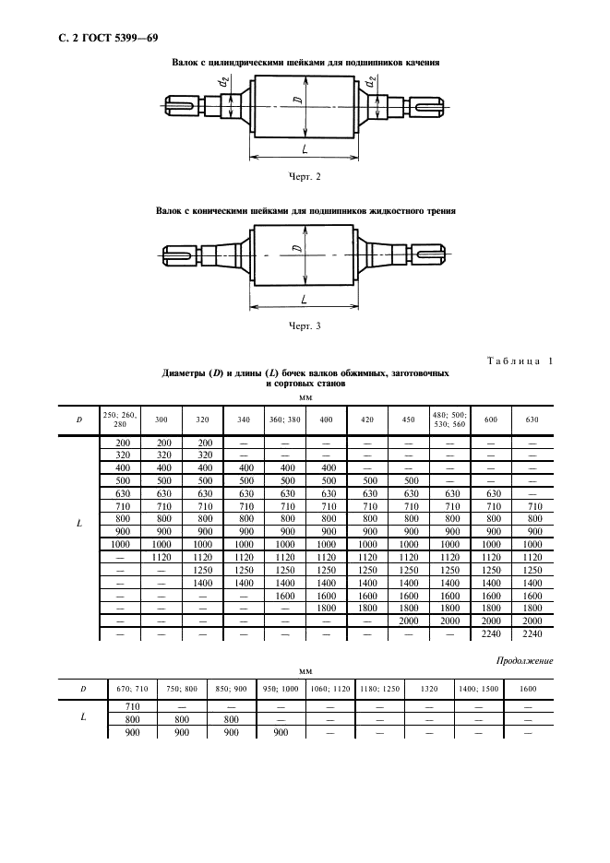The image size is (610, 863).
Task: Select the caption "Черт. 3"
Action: [x=305, y=325]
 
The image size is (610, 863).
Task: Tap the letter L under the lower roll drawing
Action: [x=305, y=299]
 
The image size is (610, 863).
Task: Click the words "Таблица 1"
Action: [x=520, y=361]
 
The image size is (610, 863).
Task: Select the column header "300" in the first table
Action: [x=161, y=420]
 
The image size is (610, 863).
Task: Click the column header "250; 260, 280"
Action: [x=120, y=420]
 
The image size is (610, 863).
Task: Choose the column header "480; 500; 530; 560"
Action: [x=450, y=420]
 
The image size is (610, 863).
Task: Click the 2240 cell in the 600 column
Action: [x=491, y=635]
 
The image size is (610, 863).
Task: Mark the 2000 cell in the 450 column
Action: [x=409, y=622]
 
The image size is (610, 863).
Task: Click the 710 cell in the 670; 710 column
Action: [x=120, y=706]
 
